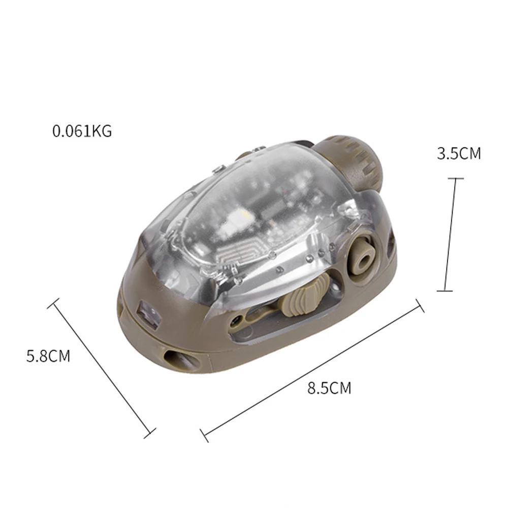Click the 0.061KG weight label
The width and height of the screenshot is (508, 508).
click(82, 131)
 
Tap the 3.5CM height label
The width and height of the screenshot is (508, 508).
click(459, 153)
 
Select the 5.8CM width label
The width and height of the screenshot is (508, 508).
click(48, 356)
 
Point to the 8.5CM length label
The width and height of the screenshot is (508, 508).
click(329, 388)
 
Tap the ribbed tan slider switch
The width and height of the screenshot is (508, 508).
click(300, 298)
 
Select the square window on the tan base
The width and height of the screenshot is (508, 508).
click(149, 313)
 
